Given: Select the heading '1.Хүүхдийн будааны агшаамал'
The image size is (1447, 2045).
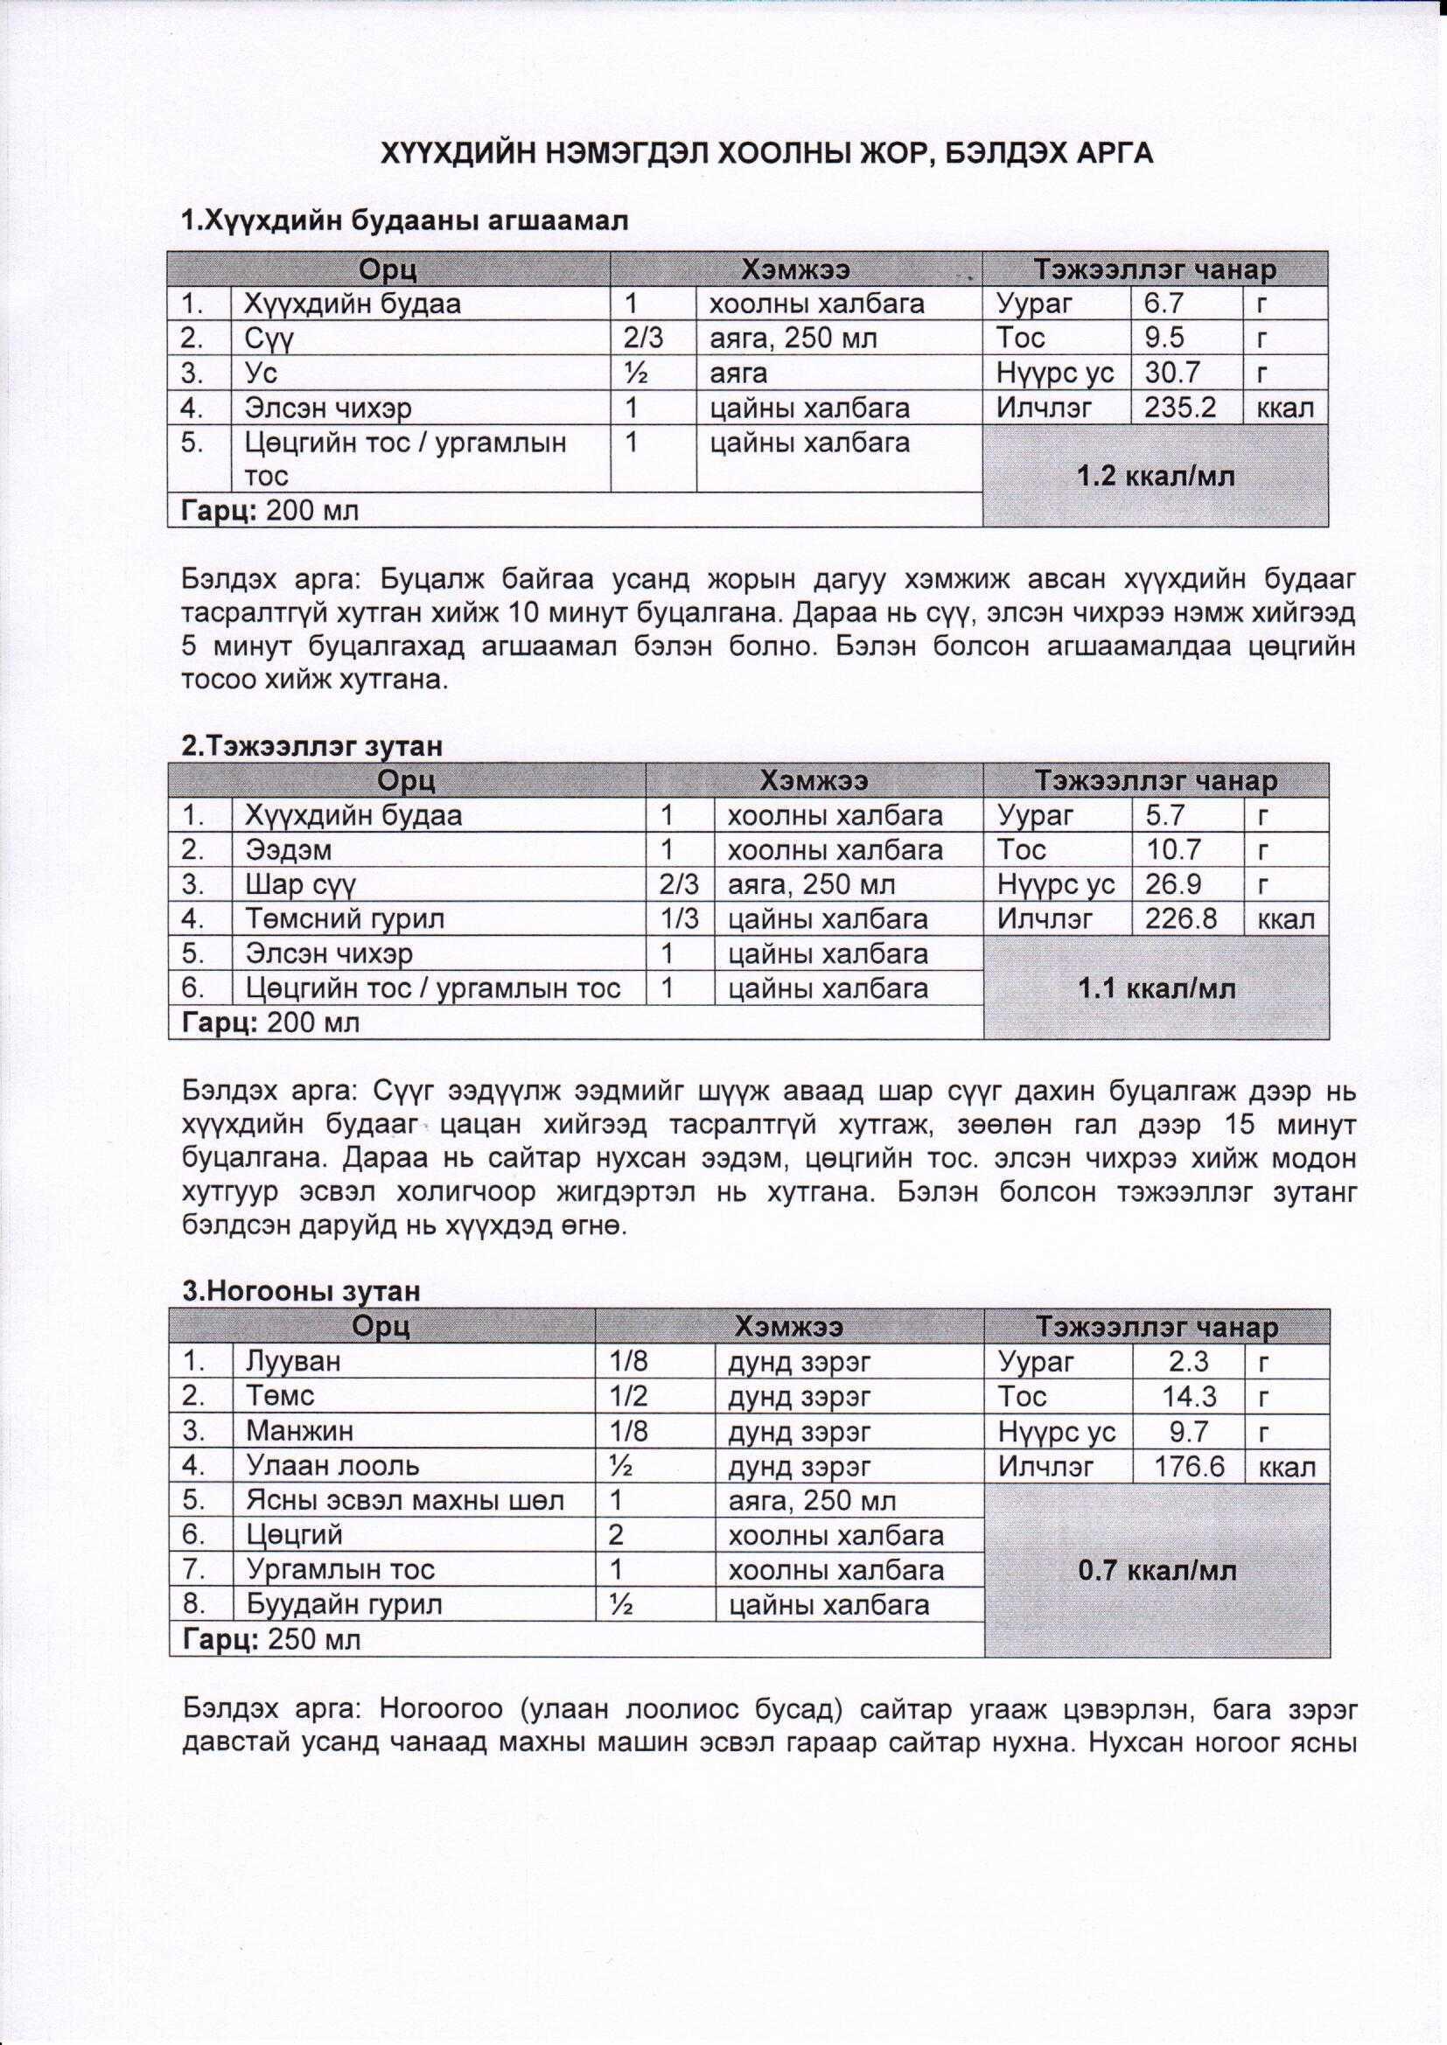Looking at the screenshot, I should [404, 221].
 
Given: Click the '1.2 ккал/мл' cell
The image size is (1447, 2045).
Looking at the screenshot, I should [1156, 477].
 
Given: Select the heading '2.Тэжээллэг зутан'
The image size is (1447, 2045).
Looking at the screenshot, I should [311, 745].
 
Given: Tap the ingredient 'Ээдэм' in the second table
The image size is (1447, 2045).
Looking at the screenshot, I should [288, 850].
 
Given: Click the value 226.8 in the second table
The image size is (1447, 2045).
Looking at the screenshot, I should [1180, 919].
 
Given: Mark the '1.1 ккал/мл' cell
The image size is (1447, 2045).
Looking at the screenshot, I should [1157, 988].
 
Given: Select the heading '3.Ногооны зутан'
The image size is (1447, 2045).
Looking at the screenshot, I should [300, 1292].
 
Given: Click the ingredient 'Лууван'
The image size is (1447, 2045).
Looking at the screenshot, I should [293, 1362].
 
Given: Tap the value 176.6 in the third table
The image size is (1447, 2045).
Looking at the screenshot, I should [1190, 1466].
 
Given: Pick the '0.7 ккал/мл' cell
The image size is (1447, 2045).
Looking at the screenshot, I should [1157, 1570].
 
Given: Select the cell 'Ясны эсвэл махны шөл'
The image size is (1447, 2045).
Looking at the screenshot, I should [405, 1501].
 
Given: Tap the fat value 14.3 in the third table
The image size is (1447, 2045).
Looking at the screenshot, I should [1190, 1397].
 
